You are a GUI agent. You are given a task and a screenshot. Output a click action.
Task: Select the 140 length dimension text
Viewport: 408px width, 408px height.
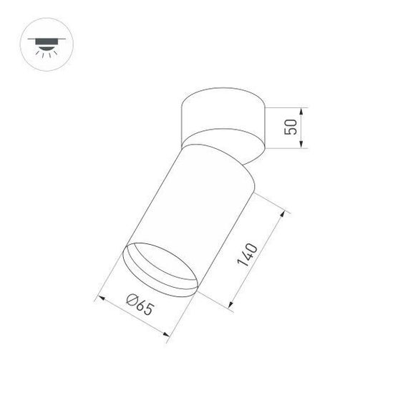pyautogui.click(x=249, y=256)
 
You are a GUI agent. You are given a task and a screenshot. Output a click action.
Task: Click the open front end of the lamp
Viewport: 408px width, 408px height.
pyautogui.click(x=160, y=270)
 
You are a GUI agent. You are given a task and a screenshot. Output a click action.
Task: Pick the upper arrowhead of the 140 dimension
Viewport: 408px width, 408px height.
pyautogui.click(x=284, y=213)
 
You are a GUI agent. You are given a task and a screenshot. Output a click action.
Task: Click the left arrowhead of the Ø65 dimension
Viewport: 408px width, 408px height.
pyautogui.click(x=100, y=296)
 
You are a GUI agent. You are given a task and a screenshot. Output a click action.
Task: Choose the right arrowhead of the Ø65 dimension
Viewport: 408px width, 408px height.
pyautogui.click(x=169, y=334)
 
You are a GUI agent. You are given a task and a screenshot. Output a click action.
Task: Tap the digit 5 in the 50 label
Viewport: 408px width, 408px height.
pyautogui.click(x=290, y=134)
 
